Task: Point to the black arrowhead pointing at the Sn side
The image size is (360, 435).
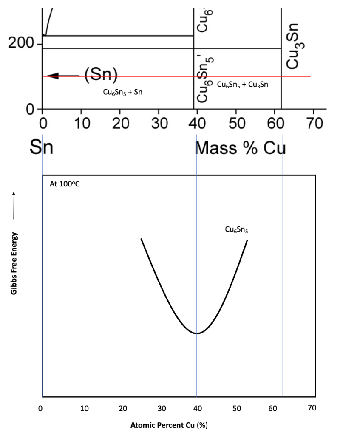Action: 50,76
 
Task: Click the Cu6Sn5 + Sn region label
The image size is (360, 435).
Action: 123,93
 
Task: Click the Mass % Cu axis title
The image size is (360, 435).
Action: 240,147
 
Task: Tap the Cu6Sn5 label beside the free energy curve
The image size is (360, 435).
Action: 237,230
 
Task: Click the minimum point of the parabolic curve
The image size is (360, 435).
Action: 196,333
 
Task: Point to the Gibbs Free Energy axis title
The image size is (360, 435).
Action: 15,264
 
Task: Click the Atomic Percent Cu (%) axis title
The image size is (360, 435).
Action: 169,424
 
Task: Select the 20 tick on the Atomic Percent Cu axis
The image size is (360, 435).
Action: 122,408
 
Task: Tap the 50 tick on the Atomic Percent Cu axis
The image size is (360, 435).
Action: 237,408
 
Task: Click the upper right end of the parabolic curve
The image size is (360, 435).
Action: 247,240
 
